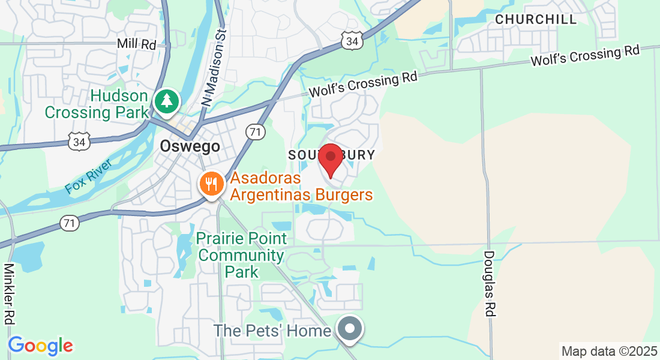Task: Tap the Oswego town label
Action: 190,146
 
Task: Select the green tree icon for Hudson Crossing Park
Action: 166,101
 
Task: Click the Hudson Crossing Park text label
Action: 96,104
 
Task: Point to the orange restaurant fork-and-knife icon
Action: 211,184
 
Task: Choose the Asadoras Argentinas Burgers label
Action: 301,186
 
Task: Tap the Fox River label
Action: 89,176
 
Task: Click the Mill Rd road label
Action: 136,44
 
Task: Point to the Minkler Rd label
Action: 10,294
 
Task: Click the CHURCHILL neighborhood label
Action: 536,19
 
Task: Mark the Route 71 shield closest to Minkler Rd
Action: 69,224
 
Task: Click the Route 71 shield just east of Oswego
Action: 256,132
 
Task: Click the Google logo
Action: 40,346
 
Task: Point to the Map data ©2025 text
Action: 608,351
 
